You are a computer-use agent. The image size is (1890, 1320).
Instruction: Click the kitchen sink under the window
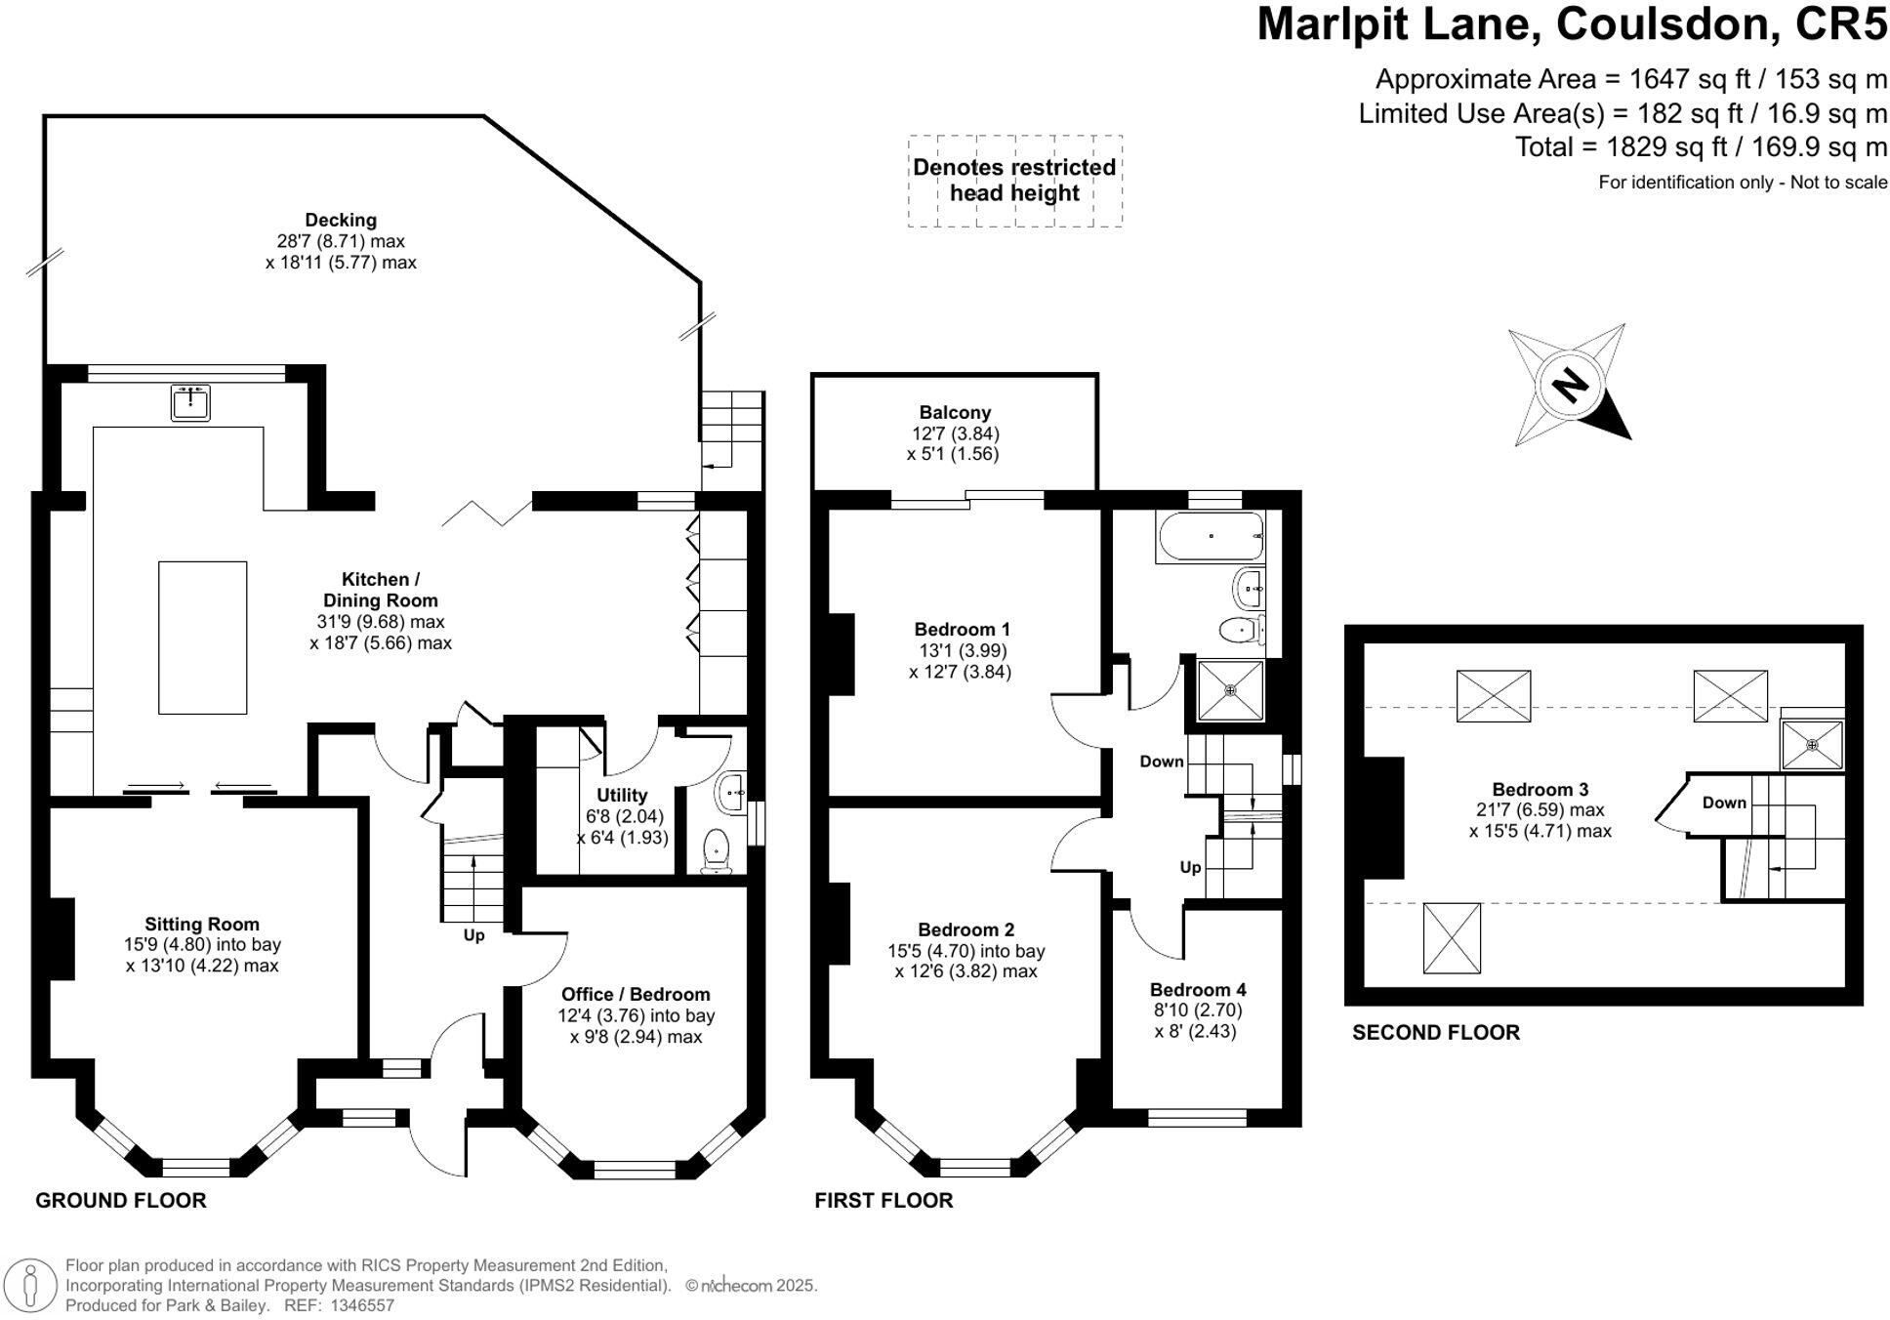pyautogui.click(x=190, y=402)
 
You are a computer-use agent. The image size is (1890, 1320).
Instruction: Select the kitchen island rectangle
pyautogui.click(x=203, y=638)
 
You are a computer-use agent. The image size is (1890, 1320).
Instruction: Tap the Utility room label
pyautogui.click(x=622, y=795)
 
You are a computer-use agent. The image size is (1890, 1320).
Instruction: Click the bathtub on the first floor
pyautogui.click(x=1211, y=536)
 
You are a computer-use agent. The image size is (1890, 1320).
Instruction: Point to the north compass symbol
pyautogui.click(x=1570, y=385)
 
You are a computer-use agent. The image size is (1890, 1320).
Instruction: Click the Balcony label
pyautogui.click(x=955, y=412)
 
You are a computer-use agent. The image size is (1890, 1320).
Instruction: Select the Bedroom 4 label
pyautogui.click(x=1198, y=989)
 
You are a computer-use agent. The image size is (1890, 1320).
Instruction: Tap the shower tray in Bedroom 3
pyautogui.click(x=1812, y=744)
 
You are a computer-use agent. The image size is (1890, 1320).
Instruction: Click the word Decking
pyautogui.click(x=341, y=220)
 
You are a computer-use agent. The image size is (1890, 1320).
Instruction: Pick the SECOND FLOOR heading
pyautogui.click(x=1436, y=1032)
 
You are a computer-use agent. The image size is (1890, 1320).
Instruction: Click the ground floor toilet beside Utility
pyautogui.click(x=717, y=850)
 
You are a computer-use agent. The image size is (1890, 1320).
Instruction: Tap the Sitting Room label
pyautogui.click(x=202, y=924)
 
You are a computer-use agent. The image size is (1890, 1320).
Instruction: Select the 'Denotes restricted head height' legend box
pyautogui.click(x=1015, y=181)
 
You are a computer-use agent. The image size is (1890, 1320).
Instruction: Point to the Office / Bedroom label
pyautogui.click(x=636, y=994)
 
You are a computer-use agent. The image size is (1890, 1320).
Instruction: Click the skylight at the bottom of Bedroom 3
pyautogui.click(x=1452, y=938)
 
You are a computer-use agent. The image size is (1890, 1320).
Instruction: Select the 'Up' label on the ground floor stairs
pyautogui.click(x=473, y=934)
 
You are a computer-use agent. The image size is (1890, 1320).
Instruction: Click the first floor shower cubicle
pyautogui.click(x=1230, y=689)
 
